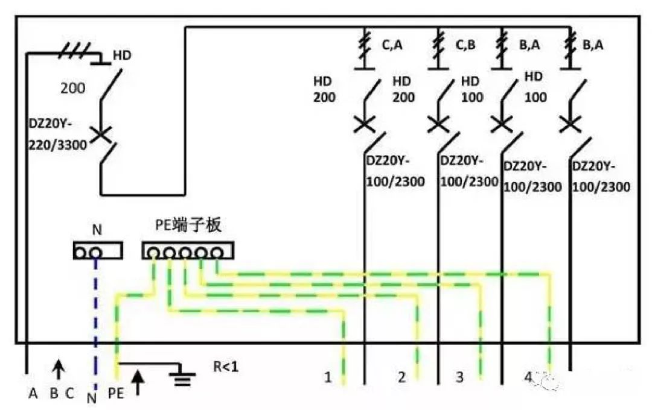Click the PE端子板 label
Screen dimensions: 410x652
[188, 226]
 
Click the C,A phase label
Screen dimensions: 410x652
[392, 44]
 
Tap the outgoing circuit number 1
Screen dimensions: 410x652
[328, 378]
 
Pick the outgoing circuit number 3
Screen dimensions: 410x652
[459, 378]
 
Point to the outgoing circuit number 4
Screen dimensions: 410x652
[529, 378]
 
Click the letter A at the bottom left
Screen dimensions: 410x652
[33, 394]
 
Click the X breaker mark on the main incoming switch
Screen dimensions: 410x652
[101, 134]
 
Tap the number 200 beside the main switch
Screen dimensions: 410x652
[72, 88]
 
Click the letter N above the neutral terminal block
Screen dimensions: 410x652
[97, 230]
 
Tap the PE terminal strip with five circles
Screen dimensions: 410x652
[188, 251]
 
